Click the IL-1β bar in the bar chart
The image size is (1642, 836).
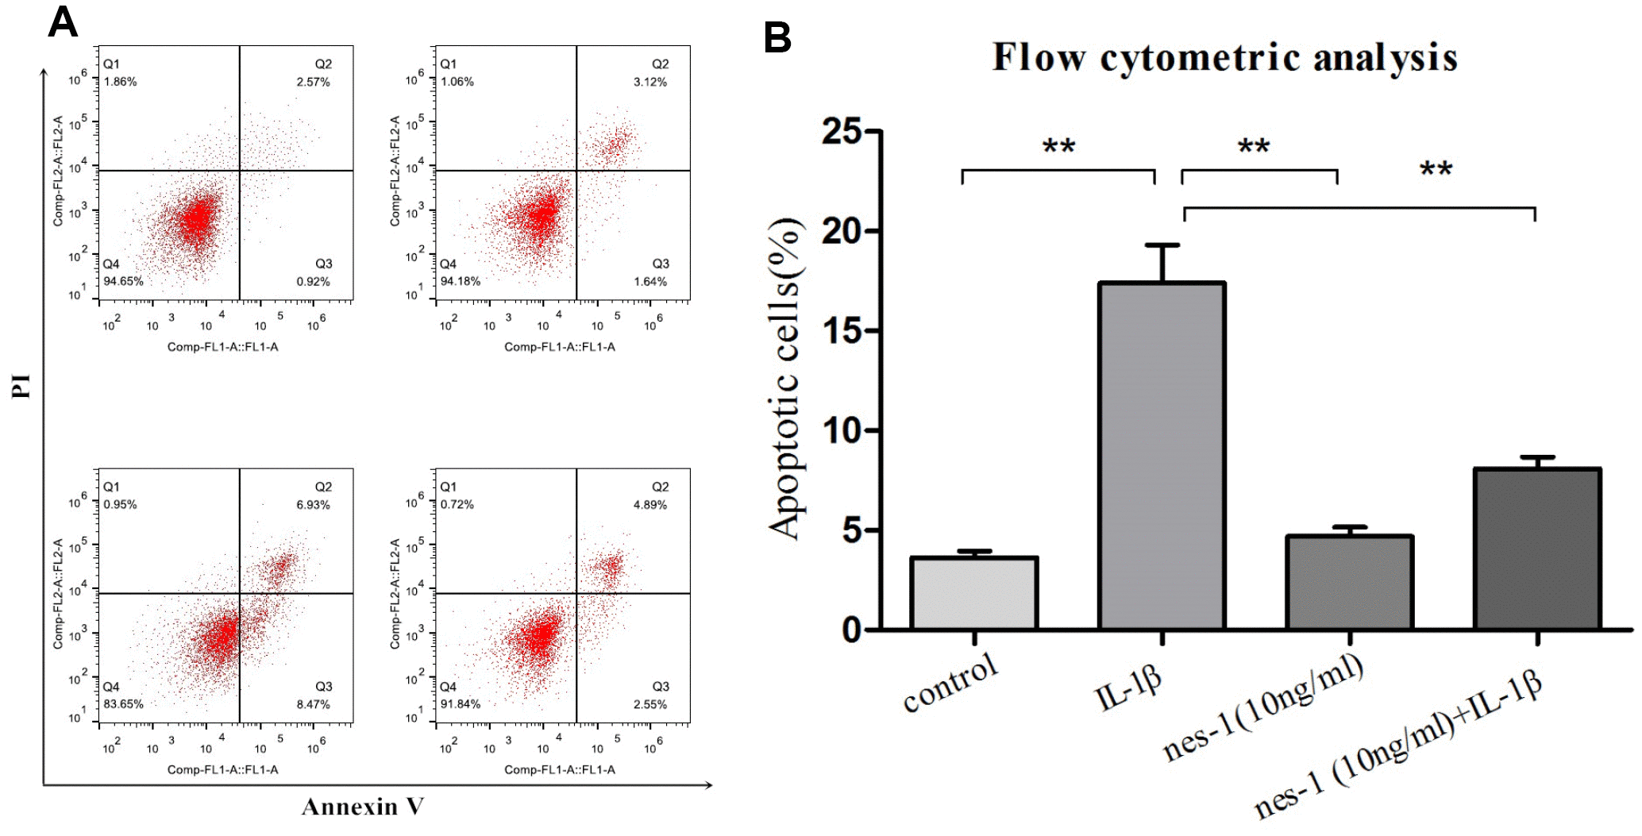[x=1162, y=457]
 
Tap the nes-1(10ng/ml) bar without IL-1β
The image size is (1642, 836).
[x=1349, y=584]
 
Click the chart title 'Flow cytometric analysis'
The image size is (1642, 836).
[x=1224, y=58]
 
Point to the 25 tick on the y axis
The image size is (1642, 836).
[x=842, y=132]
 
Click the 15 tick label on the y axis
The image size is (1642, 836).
[x=842, y=331]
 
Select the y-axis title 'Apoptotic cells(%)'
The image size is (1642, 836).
[x=786, y=379]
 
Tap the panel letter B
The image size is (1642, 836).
[x=777, y=37]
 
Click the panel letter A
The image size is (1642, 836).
[x=63, y=22]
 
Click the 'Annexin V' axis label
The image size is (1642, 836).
[x=363, y=807]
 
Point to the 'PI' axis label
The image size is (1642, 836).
[x=21, y=386]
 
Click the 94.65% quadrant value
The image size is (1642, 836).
[x=123, y=281]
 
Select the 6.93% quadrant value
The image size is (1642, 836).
[x=314, y=505]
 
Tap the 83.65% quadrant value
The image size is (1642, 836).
[x=123, y=704]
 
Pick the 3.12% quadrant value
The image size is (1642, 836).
[x=650, y=82]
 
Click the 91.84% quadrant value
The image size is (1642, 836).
[x=461, y=704]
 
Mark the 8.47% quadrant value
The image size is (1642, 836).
[x=314, y=704]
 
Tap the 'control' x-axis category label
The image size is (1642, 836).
[x=950, y=683]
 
